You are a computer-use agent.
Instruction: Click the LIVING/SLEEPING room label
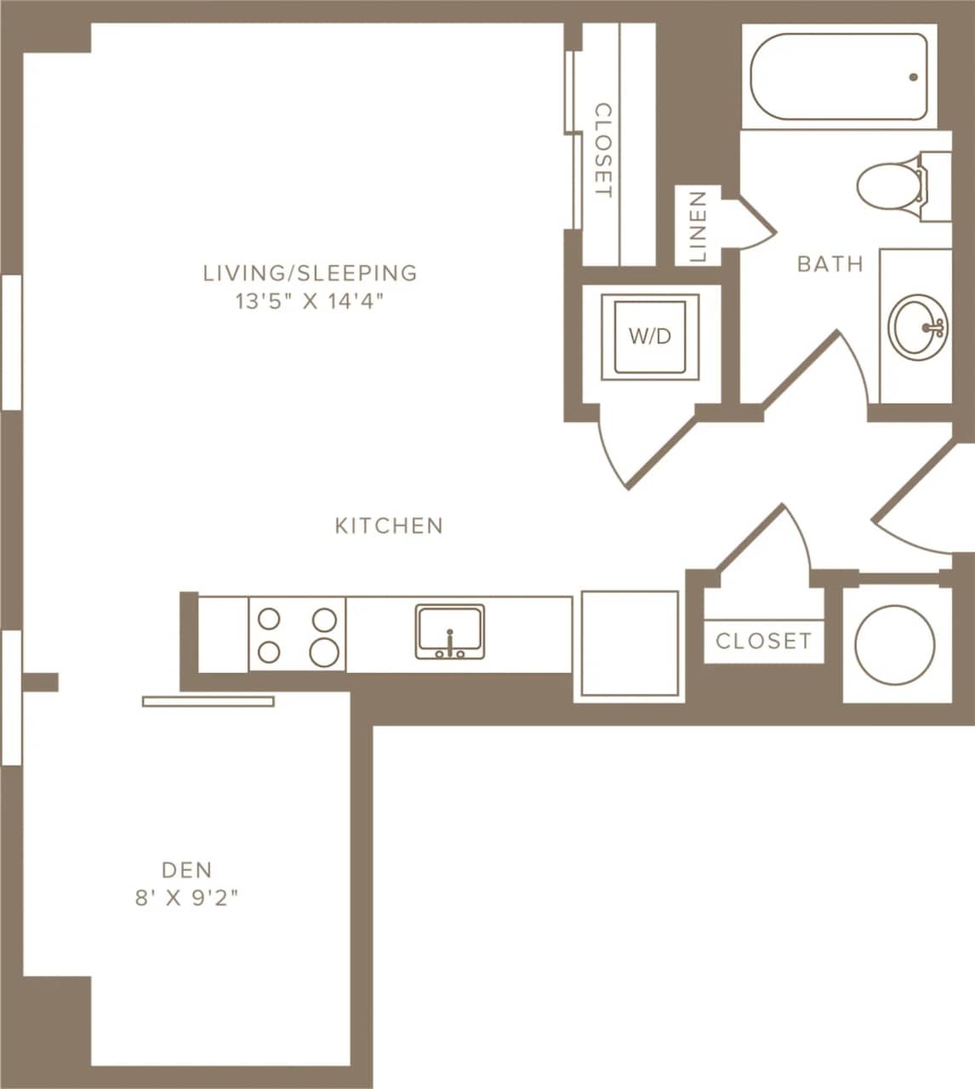click(310, 273)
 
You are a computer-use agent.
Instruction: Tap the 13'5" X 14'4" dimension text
click(310, 302)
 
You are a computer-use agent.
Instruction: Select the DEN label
click(186, 869)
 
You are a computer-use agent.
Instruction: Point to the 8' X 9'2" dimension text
click(186, 898)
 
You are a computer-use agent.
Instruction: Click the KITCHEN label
click(389, 526)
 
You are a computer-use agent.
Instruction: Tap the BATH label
click(830, 264)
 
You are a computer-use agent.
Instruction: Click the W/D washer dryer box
click(650, 337)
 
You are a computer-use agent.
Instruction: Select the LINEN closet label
click(698, 226)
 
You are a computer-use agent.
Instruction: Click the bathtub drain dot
click(914, 77)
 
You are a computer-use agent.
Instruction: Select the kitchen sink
click(450, 632)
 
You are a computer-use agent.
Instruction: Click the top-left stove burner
click(270, 619)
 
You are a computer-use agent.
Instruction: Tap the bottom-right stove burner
click(324, 652)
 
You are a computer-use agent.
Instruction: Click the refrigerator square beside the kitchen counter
click(630, 646)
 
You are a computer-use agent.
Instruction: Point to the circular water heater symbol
click(894, 644)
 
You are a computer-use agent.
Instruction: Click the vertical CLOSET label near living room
click(602, 151)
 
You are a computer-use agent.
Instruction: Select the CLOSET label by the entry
click(763, 641)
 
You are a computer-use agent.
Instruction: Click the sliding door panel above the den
click(208, 701)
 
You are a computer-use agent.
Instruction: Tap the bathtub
click(838, 77)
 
